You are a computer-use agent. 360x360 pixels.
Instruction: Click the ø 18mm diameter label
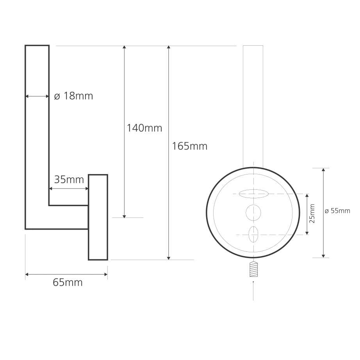pos(73,96)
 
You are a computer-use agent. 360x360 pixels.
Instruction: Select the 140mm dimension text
pos(144,128)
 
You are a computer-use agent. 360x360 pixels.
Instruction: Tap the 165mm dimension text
pos(190,146)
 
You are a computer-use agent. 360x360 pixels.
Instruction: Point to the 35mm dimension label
pos(69,179)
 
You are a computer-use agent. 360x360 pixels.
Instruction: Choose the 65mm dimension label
pos(68,282)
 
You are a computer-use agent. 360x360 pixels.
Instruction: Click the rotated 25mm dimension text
pos(312,214)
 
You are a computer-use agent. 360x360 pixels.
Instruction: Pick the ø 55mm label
pos(337,211)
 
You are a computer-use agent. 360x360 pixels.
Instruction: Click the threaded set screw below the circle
pos(253,269)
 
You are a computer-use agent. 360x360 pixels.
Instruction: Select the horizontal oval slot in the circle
pos(253,194)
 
